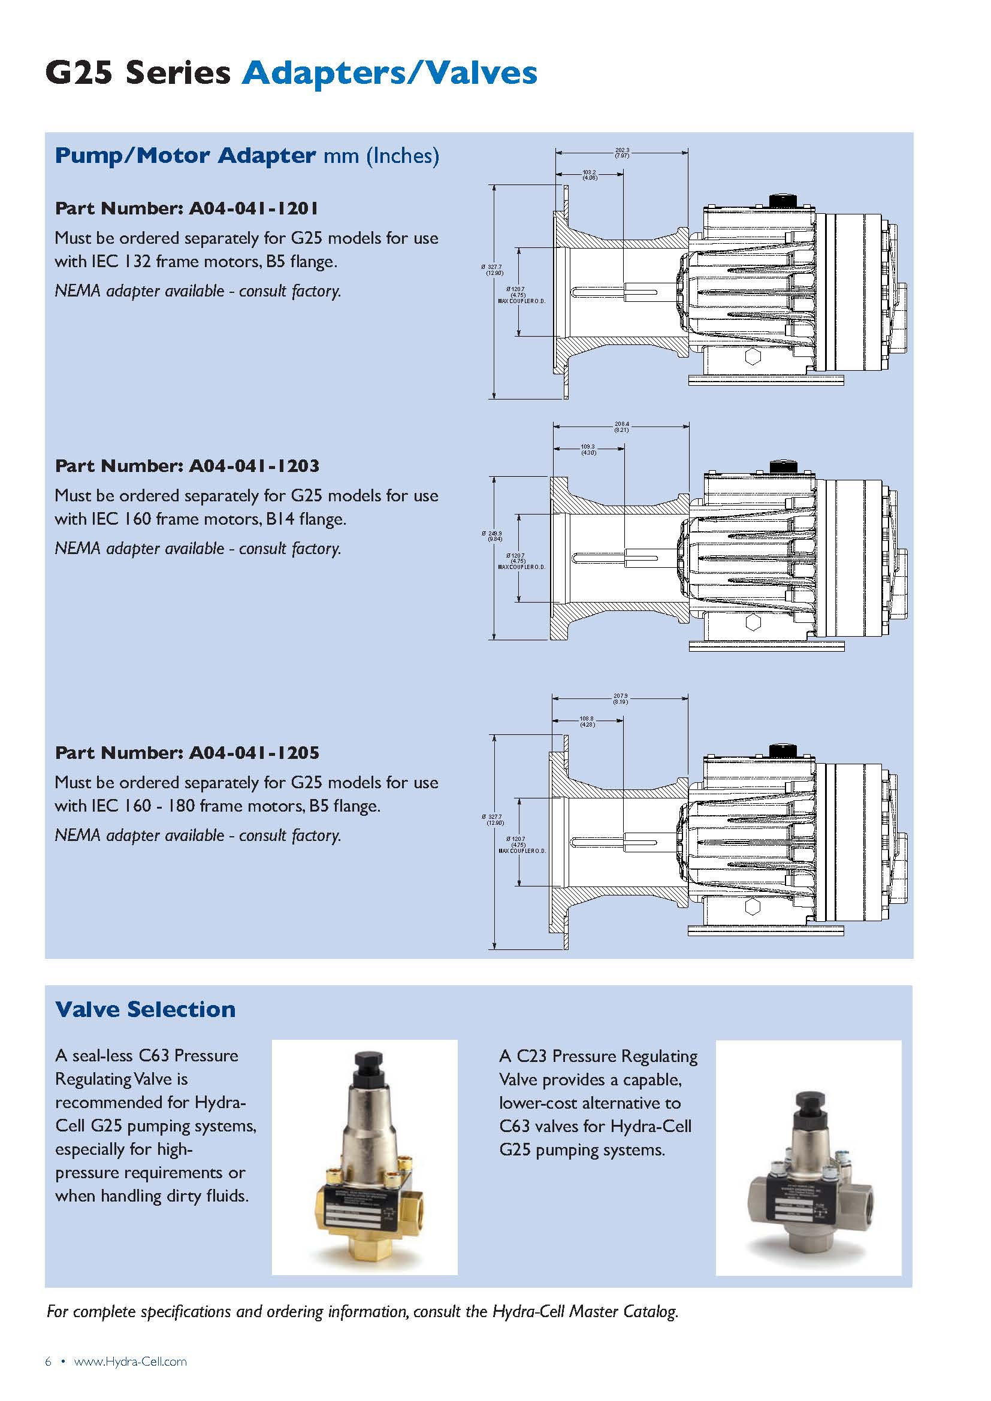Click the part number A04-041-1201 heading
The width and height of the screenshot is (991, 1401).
click(x=187, y=208)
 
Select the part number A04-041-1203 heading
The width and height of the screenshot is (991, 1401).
click(x=187, y=466)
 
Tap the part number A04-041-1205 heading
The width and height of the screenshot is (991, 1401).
click(x=187, y=753)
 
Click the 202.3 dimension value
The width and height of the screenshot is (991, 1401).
click(x=622, y=150)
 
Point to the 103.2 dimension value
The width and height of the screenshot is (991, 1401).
click(x=589, y=173)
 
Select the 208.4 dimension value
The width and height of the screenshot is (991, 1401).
click(x=622, y=424)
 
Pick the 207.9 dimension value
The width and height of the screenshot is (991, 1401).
click(x=621, y=695)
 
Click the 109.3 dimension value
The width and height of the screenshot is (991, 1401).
click(x=588, y=447)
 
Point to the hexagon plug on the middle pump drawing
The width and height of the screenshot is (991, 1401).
click(x=753, y=622)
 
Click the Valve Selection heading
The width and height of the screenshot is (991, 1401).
click(x=145, y=1009)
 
